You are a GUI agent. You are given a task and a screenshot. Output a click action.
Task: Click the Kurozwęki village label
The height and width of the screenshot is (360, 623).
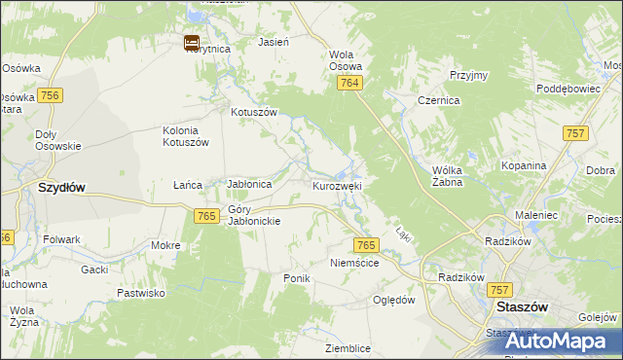(337, 185)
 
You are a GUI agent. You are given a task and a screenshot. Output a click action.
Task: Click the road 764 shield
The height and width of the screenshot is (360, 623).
(350, 85)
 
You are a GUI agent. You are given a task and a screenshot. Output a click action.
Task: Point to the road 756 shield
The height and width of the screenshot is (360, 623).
(51, 95)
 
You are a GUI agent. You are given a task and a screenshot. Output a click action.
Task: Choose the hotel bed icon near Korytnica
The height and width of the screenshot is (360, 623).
(192, 42)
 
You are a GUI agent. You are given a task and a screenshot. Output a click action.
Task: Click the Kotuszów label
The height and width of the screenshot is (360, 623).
(254, 112)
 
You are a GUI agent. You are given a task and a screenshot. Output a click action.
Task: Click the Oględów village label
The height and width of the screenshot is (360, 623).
(394, 300)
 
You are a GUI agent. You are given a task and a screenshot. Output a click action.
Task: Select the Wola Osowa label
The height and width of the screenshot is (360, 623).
(346, 60)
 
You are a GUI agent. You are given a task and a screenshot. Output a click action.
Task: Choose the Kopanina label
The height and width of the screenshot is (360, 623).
(524, 165)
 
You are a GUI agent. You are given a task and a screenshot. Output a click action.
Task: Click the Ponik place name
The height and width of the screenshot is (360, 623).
(296, 278)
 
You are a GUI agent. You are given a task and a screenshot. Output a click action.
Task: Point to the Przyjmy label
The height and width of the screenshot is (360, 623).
(467, 75)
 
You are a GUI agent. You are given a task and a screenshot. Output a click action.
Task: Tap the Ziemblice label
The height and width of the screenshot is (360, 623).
(348, 347)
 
